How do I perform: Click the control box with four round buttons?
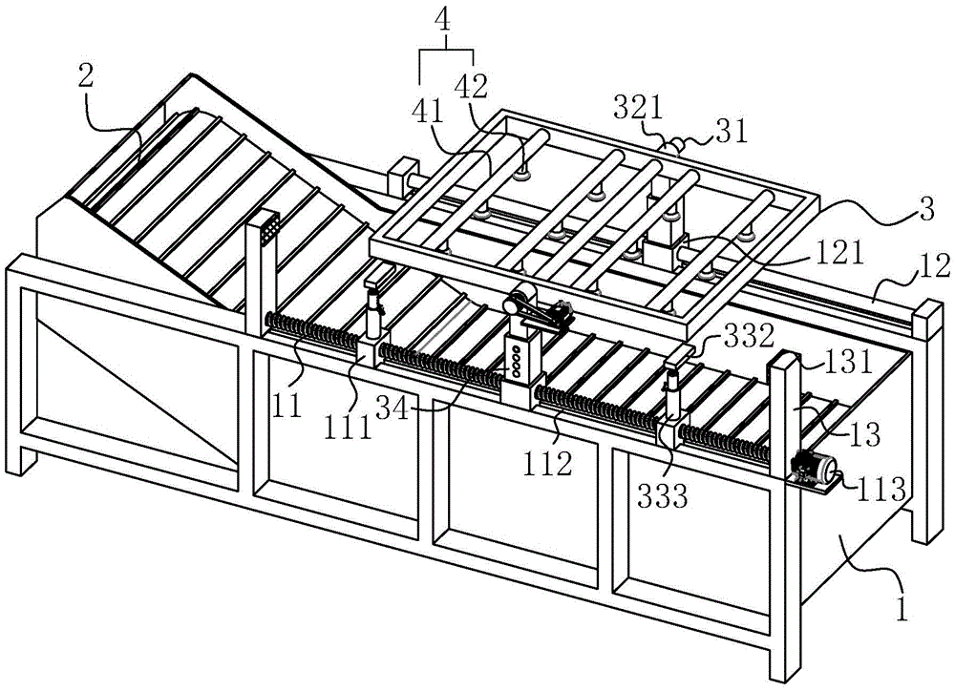(x=519, y=360)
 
